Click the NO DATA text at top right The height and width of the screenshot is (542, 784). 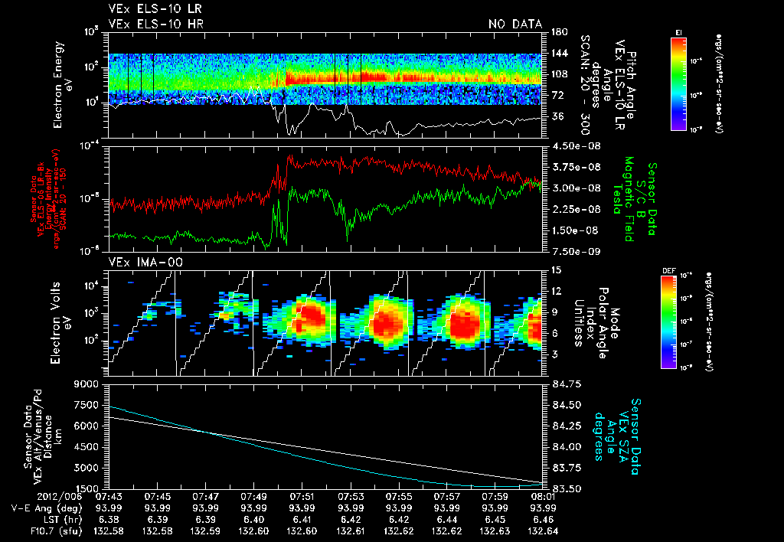click(515, 24)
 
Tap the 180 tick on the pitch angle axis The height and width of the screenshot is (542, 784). click(557, 31)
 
